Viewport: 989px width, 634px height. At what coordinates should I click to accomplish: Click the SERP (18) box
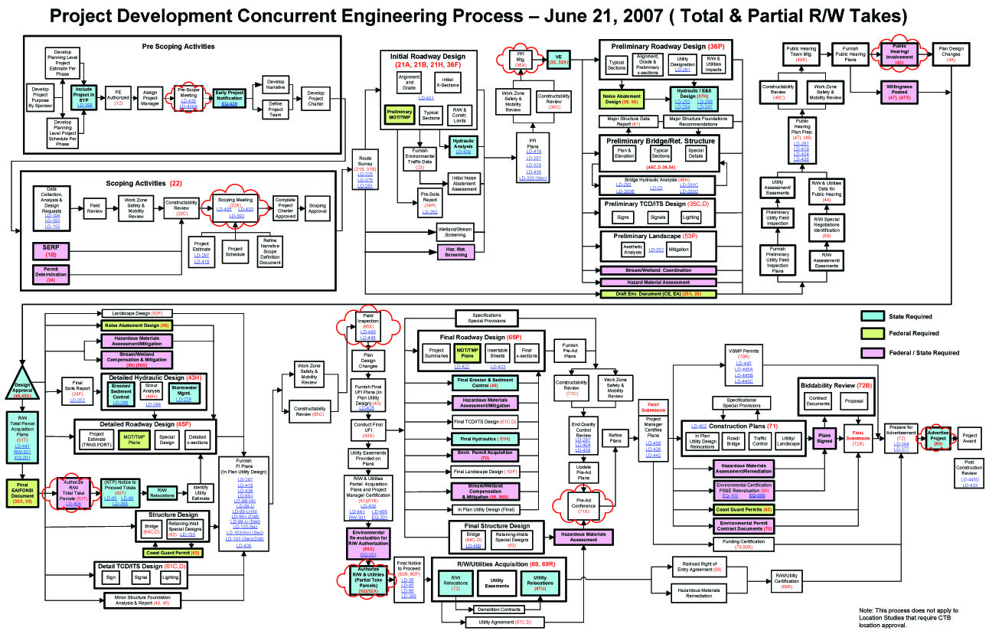tap(51, 250)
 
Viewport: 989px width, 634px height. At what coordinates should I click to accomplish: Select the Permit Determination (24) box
tap(51, 274)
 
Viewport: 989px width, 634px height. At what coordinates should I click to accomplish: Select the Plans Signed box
tap(824, 436)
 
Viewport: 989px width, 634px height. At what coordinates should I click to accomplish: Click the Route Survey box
tap(366, 172)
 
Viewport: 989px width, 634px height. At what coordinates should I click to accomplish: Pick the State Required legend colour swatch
tap(872, 315)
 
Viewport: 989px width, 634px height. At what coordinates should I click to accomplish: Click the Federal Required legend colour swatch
tap(872, 334)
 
